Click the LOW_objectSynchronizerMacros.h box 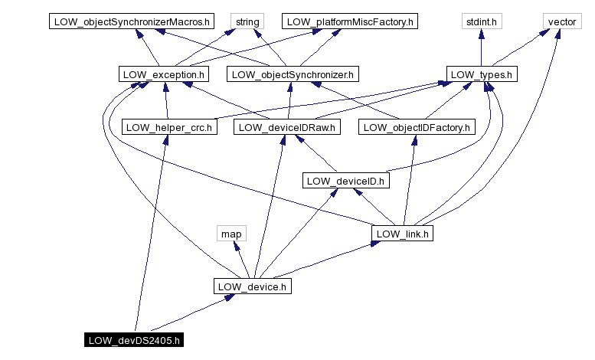[132, 21]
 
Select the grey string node [247, 21]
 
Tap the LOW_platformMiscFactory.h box [349, 21]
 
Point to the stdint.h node [481, 21]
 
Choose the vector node [561, 21]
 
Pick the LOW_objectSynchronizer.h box [293, 74]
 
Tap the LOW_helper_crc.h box [170, 127]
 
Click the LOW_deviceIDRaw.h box [287, 127]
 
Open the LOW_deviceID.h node [346, 181]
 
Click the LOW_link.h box [403, 233]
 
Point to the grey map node [230, 233]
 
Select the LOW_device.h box [251, 286]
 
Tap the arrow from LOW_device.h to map [241, 260]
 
